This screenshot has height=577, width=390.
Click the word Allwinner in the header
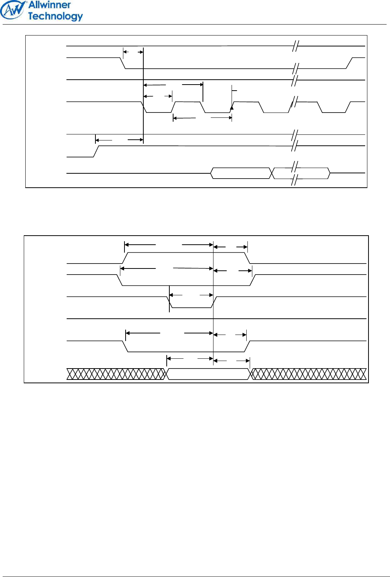tap(49, 5)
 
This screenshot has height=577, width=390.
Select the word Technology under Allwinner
tap(55, 16)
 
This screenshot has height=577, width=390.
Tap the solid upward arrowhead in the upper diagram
tap(232, 108)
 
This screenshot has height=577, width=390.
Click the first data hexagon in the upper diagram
tap(241, 173)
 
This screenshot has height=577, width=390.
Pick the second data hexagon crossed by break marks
tap(301, 173)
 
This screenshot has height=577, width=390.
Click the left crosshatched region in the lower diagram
tap(116, 374)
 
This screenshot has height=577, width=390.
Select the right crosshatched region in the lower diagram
tap(309, 374)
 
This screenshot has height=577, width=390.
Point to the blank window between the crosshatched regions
tap(209, 374)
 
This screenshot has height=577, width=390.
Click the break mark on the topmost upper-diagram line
tap(296, 46)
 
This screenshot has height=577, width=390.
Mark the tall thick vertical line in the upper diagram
tap(143, 94)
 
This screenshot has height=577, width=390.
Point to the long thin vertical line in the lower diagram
tap(213, 302)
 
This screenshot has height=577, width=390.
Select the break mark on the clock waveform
tap(293, 102)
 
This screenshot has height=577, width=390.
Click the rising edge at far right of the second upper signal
tap(349, 63)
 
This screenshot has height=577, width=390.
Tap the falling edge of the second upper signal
tap(123, 63)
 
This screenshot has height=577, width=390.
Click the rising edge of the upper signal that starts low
tap(96, 151)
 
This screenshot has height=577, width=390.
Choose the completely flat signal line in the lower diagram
tap(216, 319)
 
